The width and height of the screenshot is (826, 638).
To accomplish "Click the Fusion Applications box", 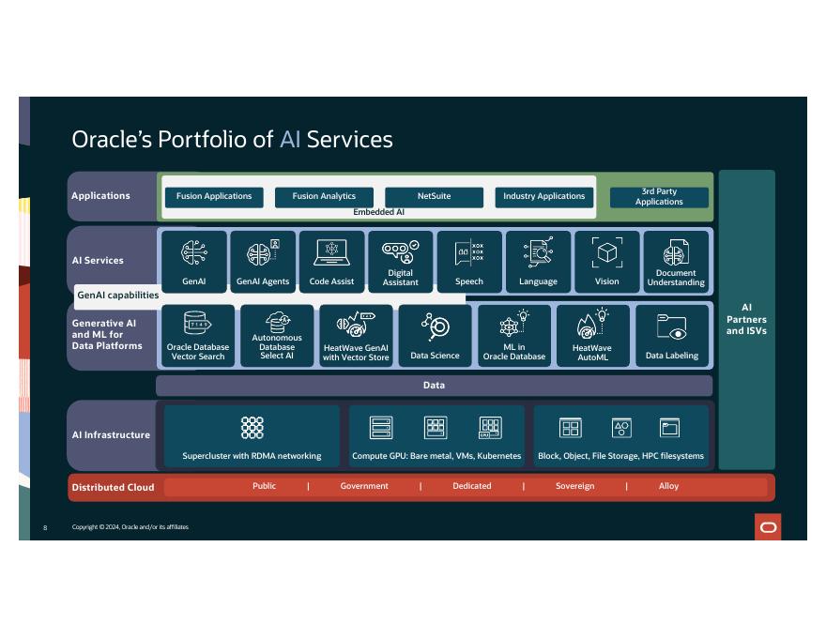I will point(214,197).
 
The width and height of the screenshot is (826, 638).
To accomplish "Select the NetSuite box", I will point(434,197).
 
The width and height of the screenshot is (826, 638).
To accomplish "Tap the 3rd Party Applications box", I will point(659,197).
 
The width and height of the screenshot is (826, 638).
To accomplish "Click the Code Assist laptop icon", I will point(331,252).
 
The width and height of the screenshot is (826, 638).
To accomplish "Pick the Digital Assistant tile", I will point(401,262).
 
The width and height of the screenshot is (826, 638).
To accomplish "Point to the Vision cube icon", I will point(607,252).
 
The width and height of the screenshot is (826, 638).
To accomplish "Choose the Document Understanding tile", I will point(676,262).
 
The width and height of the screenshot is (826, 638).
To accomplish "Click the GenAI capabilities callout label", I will point(118,296).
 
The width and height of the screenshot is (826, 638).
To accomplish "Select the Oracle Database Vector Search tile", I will point(198,336).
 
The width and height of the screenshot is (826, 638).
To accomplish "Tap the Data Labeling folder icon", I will point(672,327).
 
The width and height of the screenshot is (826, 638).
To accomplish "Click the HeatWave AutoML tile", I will point(592,336).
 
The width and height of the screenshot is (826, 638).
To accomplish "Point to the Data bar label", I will point(434,386).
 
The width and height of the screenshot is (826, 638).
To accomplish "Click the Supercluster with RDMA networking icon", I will point(252,428).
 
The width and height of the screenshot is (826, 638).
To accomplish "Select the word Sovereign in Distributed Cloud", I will point(574,487).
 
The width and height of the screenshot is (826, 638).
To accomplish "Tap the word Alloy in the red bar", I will point(668,487).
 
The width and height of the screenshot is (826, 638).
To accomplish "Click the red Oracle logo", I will point(768,527).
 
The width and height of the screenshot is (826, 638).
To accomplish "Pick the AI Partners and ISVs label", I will point(746,319).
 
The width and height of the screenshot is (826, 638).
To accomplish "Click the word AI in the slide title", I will point(290,140).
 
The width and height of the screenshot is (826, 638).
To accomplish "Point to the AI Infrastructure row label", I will point(111,435).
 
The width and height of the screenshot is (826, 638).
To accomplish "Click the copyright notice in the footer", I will point(130,528).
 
